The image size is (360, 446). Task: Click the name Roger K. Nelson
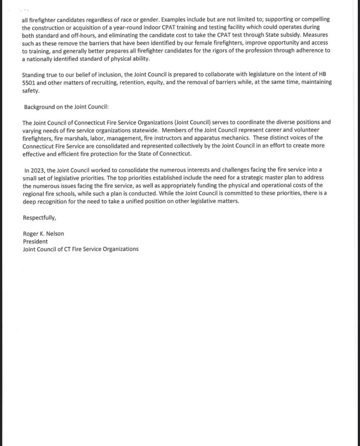click(x=43, y=234)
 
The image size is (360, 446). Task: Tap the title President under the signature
click(x=35, y=241)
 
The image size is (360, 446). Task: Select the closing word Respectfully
click(x=39, y=218)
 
